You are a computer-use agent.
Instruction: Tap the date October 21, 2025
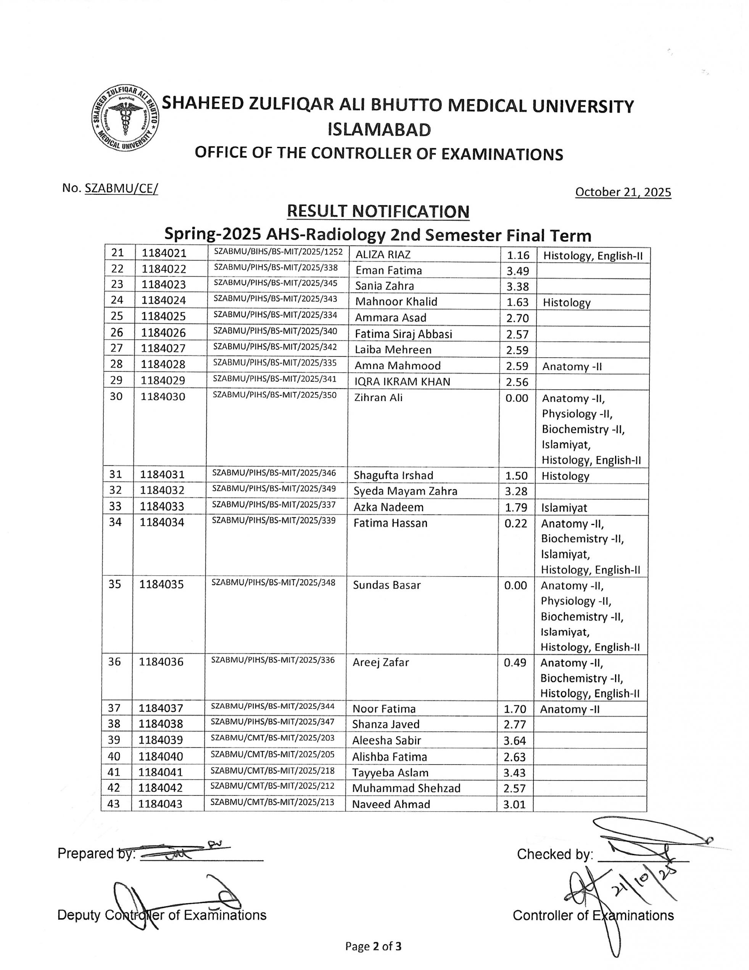[x=623, y=192]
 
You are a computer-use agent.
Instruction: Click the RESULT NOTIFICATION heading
[x=378, y=211]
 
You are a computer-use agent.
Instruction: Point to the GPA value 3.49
[x=517, y=270]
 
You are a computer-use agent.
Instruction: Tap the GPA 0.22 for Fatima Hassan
[x=515, y=523]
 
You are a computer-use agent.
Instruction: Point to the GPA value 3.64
[x=515, y=740]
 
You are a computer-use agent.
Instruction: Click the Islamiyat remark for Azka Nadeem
[x=564, y=507]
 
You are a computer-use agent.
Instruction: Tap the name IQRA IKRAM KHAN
[x=402, y=382]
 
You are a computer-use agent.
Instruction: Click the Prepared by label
[x=96, y=854]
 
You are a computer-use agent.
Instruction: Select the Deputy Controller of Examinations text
[x=162, y=915]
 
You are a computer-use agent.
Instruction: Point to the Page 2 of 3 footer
[x=374, y=946]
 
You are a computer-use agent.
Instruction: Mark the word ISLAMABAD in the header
[x=379, y=130]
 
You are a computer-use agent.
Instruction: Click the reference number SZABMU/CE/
[x=121, y=188]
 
